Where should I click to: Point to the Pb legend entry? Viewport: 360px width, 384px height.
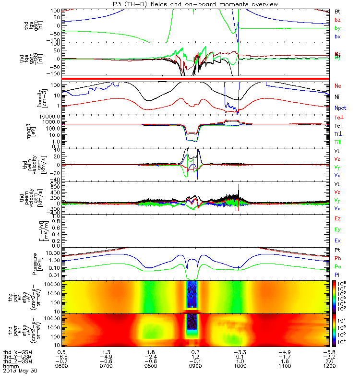coord(337,258)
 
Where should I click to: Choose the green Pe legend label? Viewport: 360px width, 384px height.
coord(337,266)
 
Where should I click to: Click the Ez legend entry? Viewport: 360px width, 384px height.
coord(337,218)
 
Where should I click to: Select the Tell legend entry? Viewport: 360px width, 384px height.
coord(338,125)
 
